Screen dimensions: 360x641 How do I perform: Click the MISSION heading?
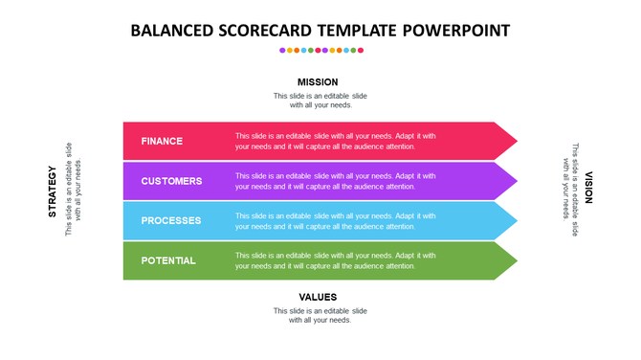coord(318,82)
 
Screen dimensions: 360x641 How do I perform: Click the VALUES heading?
coord(318,297)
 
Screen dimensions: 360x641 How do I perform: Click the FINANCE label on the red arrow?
coord(162,142)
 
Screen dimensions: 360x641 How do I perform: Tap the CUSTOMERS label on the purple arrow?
coord(171,181)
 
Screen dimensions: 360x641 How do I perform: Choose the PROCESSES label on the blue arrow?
coord(171,221)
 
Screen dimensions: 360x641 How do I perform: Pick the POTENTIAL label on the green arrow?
coord(168,260)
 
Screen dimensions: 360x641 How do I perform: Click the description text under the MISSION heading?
coord(320,101)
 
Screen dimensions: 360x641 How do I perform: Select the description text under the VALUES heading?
coord(320,315)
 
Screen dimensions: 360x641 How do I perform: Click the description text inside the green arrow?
coord(335,260)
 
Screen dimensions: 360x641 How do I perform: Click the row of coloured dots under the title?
coord(320,50)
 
